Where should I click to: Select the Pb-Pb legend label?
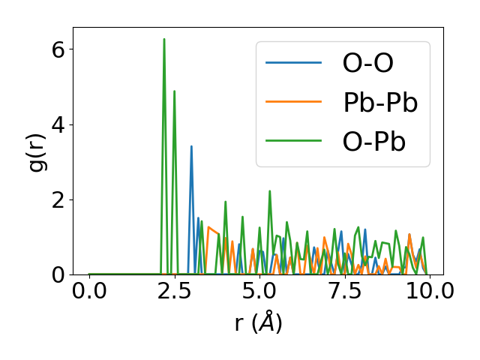380,103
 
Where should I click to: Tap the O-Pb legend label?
374,142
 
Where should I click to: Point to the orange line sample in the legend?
293,103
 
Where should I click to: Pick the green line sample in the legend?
293,142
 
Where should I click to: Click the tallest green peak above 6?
164,40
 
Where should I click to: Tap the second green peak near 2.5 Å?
175,92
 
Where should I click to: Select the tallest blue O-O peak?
191,147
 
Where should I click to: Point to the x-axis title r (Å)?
258,322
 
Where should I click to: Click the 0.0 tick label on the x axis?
89,291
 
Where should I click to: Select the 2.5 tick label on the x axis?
174,291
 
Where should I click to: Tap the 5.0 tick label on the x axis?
259,291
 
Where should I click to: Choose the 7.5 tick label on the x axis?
344,291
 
